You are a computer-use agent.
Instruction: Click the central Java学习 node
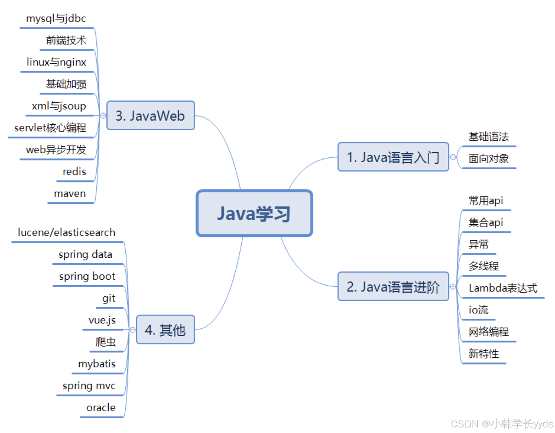254,214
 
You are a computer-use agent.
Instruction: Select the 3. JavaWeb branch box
150,116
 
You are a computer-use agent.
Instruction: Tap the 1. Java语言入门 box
393,157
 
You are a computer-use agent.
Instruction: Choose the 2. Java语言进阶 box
393,286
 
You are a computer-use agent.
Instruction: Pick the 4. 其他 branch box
165,330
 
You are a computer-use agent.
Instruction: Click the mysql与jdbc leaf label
56,18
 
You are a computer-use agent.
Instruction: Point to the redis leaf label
74,171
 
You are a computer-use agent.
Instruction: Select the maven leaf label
70,194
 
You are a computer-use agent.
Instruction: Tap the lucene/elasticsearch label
66,232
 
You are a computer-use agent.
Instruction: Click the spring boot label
87,276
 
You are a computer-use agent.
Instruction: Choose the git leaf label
109,298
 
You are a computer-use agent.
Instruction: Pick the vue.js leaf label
102,320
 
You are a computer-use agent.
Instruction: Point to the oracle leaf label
101,408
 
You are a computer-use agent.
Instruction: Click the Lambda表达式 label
502,288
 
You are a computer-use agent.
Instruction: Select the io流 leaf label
478,310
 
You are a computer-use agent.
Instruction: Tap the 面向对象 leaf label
489,159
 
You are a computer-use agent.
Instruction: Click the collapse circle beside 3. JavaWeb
103,116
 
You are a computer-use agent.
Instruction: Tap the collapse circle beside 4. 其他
133,330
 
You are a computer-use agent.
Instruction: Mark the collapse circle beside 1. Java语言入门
453,157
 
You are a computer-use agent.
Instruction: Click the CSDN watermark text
502,423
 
